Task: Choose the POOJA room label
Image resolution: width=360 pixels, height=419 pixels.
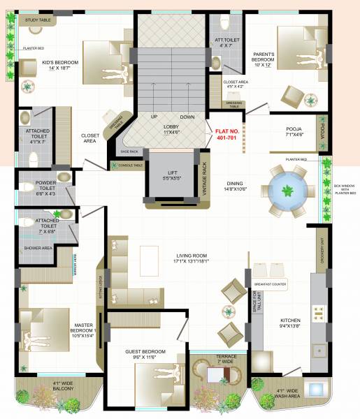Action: pos(294,133)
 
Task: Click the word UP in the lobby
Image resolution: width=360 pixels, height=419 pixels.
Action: pos(154,117)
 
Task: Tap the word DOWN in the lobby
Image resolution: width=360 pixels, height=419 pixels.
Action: pos(187,117)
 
